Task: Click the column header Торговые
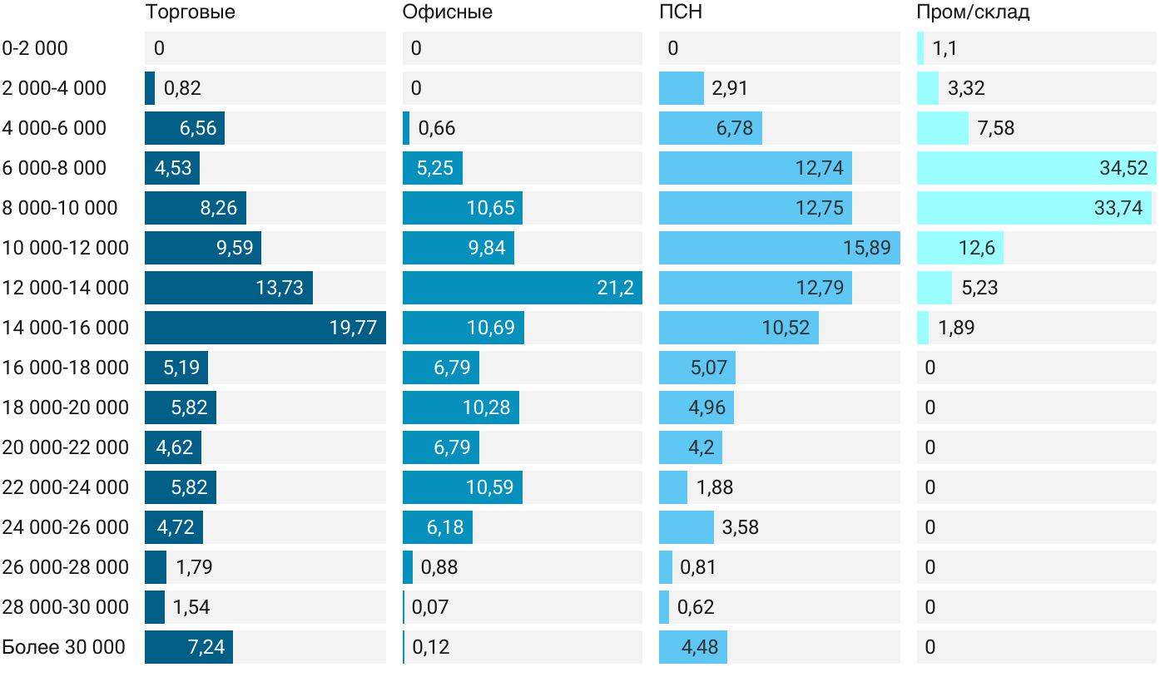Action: pyautogui.click(x=190, y=12)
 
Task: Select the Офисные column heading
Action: pyautogui.click(x=447, y=12)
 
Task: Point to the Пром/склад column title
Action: pyautogui.click(x=972, y=12)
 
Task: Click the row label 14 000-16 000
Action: pyautogui.click(x=66, y=328)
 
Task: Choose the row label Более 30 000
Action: pyautogui.click(x=64, y=647)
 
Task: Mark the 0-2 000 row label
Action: pyautogui.click(x=35, y=48)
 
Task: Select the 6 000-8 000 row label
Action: pyautogui.click(x=55, y=168)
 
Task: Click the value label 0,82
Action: pyautogui.click(x=182, y=88)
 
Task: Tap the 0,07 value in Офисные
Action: pyautogui.click(x=430, y=607)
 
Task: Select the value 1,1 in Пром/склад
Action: pyautogui.click(x=944, y=48)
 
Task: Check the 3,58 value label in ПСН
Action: pyautogui.click(x=740, y=527)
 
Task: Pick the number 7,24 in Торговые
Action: pyautogui.click(x=206, y=647)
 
